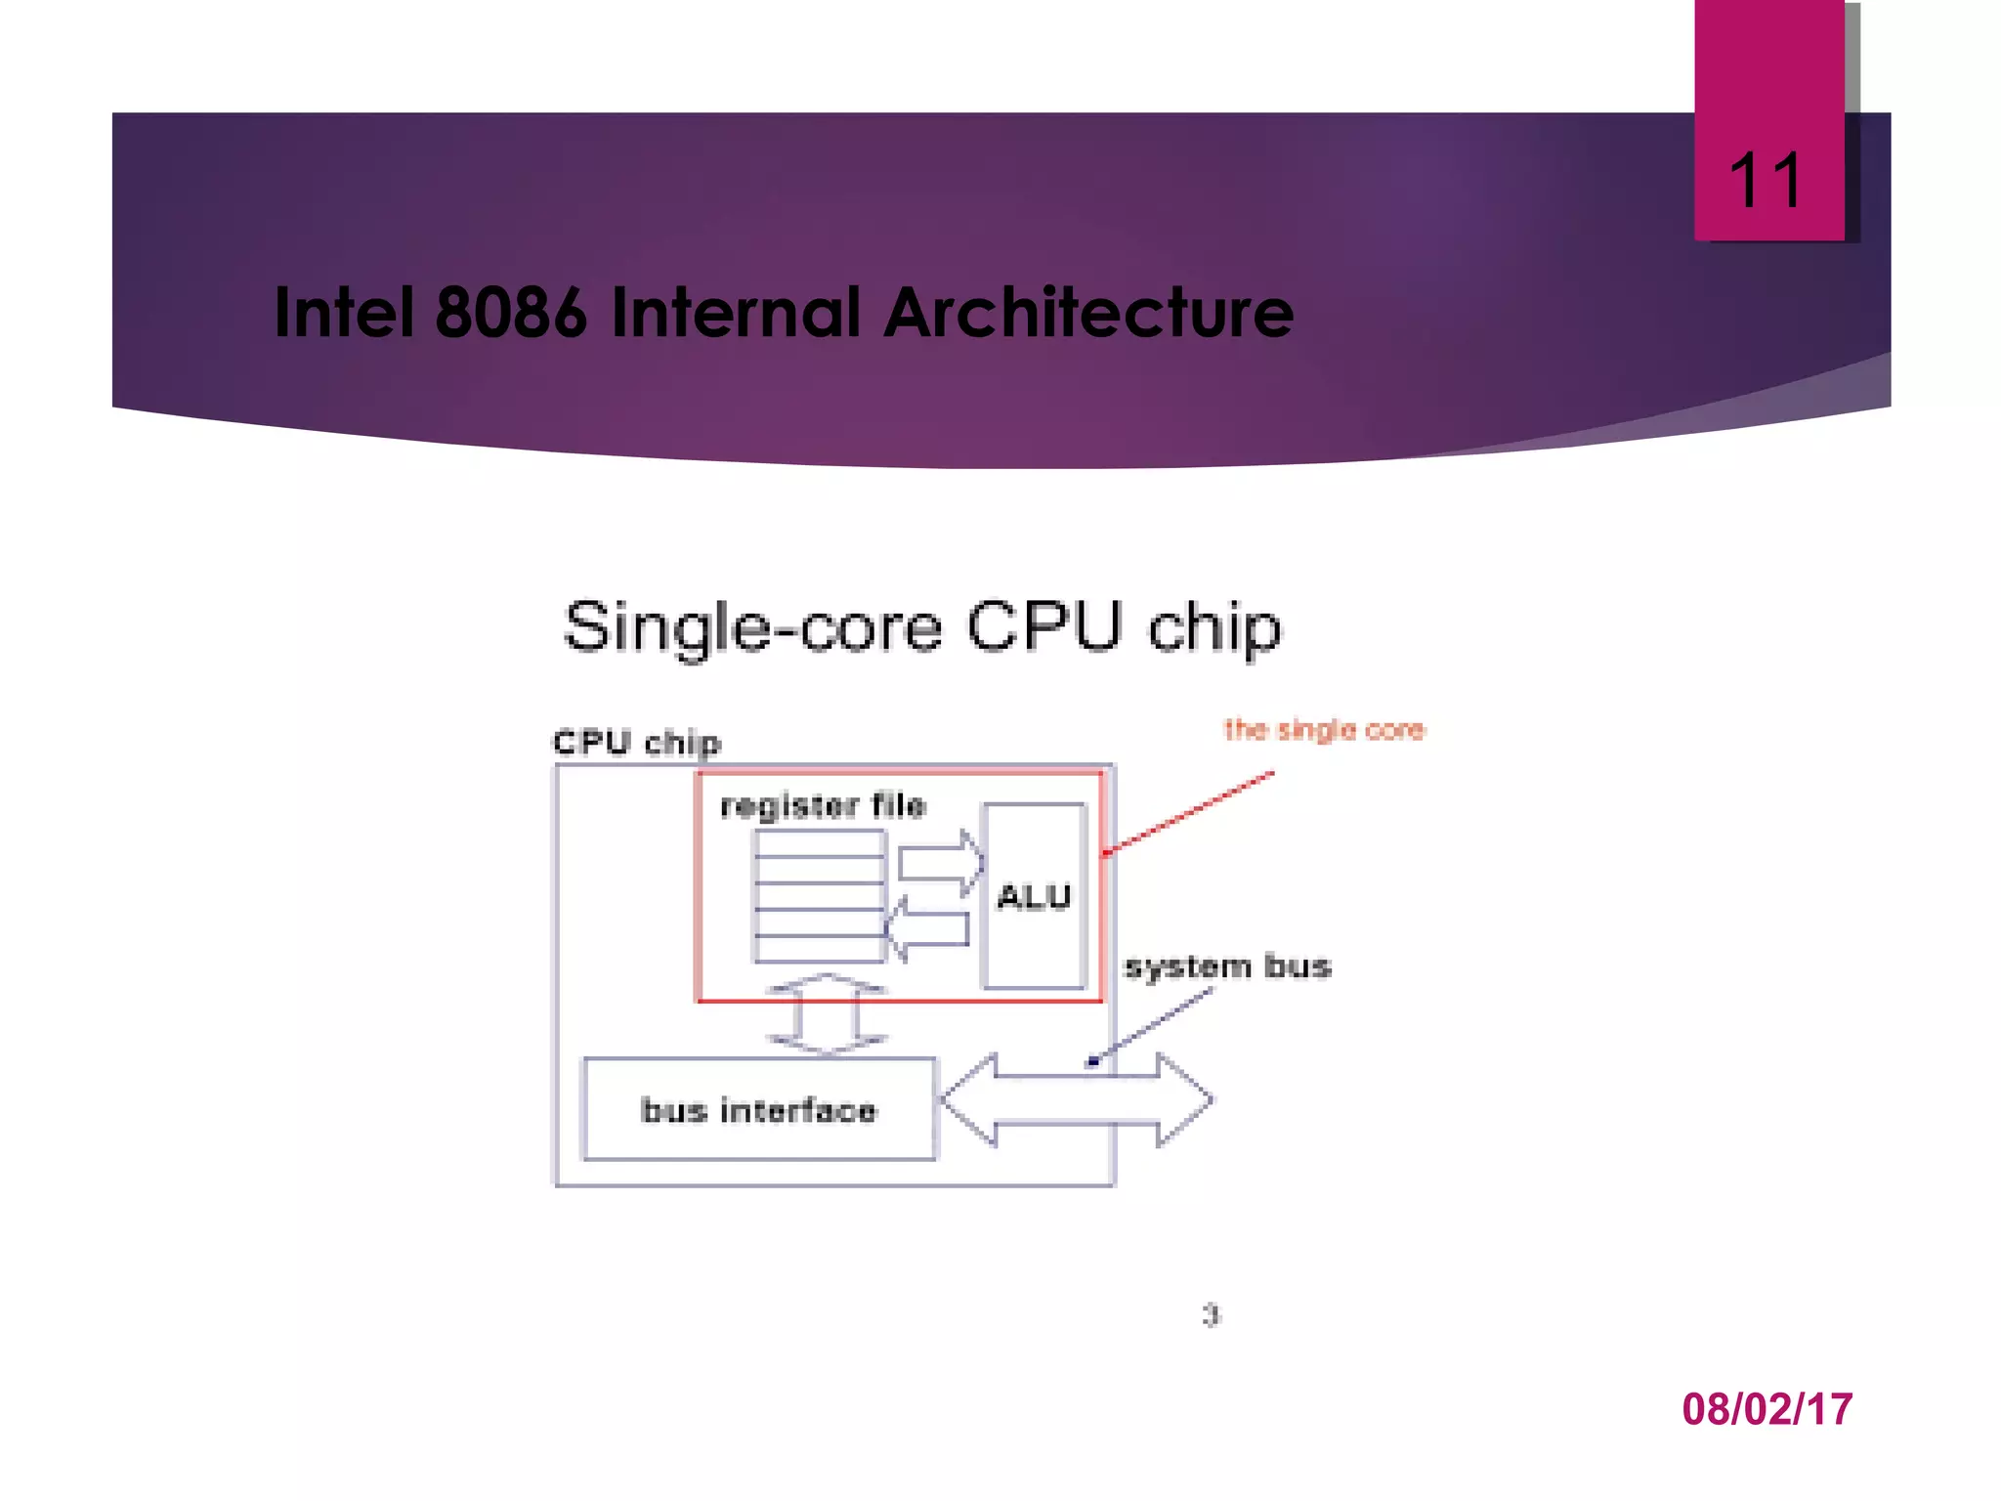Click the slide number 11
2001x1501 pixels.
pyautogui.click(x=1766, y=181)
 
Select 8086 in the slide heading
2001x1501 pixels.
pyautogui.click(x=511, y=313)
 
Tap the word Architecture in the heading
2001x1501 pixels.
pyautogui.click(x=1088, y=313)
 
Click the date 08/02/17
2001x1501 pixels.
pyautogui.click(x=1767, y=1409)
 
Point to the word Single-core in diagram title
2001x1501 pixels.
pyautogui.click(x=752, y=627)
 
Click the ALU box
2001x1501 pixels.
pyautogui.click(x=1034, y=896)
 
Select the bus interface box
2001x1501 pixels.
pyautogui.click(x=758, y=1110)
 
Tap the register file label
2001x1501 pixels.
pyautogui.click(x=823, y=806)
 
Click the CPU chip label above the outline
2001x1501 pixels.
pyautogui.click(x=637, y=743)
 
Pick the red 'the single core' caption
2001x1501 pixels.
pyautogui.click(x=1324, y=730)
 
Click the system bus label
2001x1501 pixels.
pyautogui.click(x=1228, y=966)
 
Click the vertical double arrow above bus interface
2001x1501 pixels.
pyautogui.click(x=827, y=1014)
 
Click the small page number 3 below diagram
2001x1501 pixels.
pyautogui.click(x=1212, y=1315)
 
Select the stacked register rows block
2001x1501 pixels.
pyautogui.click(x=820, y=896)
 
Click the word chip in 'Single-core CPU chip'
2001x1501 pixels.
pyautogui.click(x=1213, y=627)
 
